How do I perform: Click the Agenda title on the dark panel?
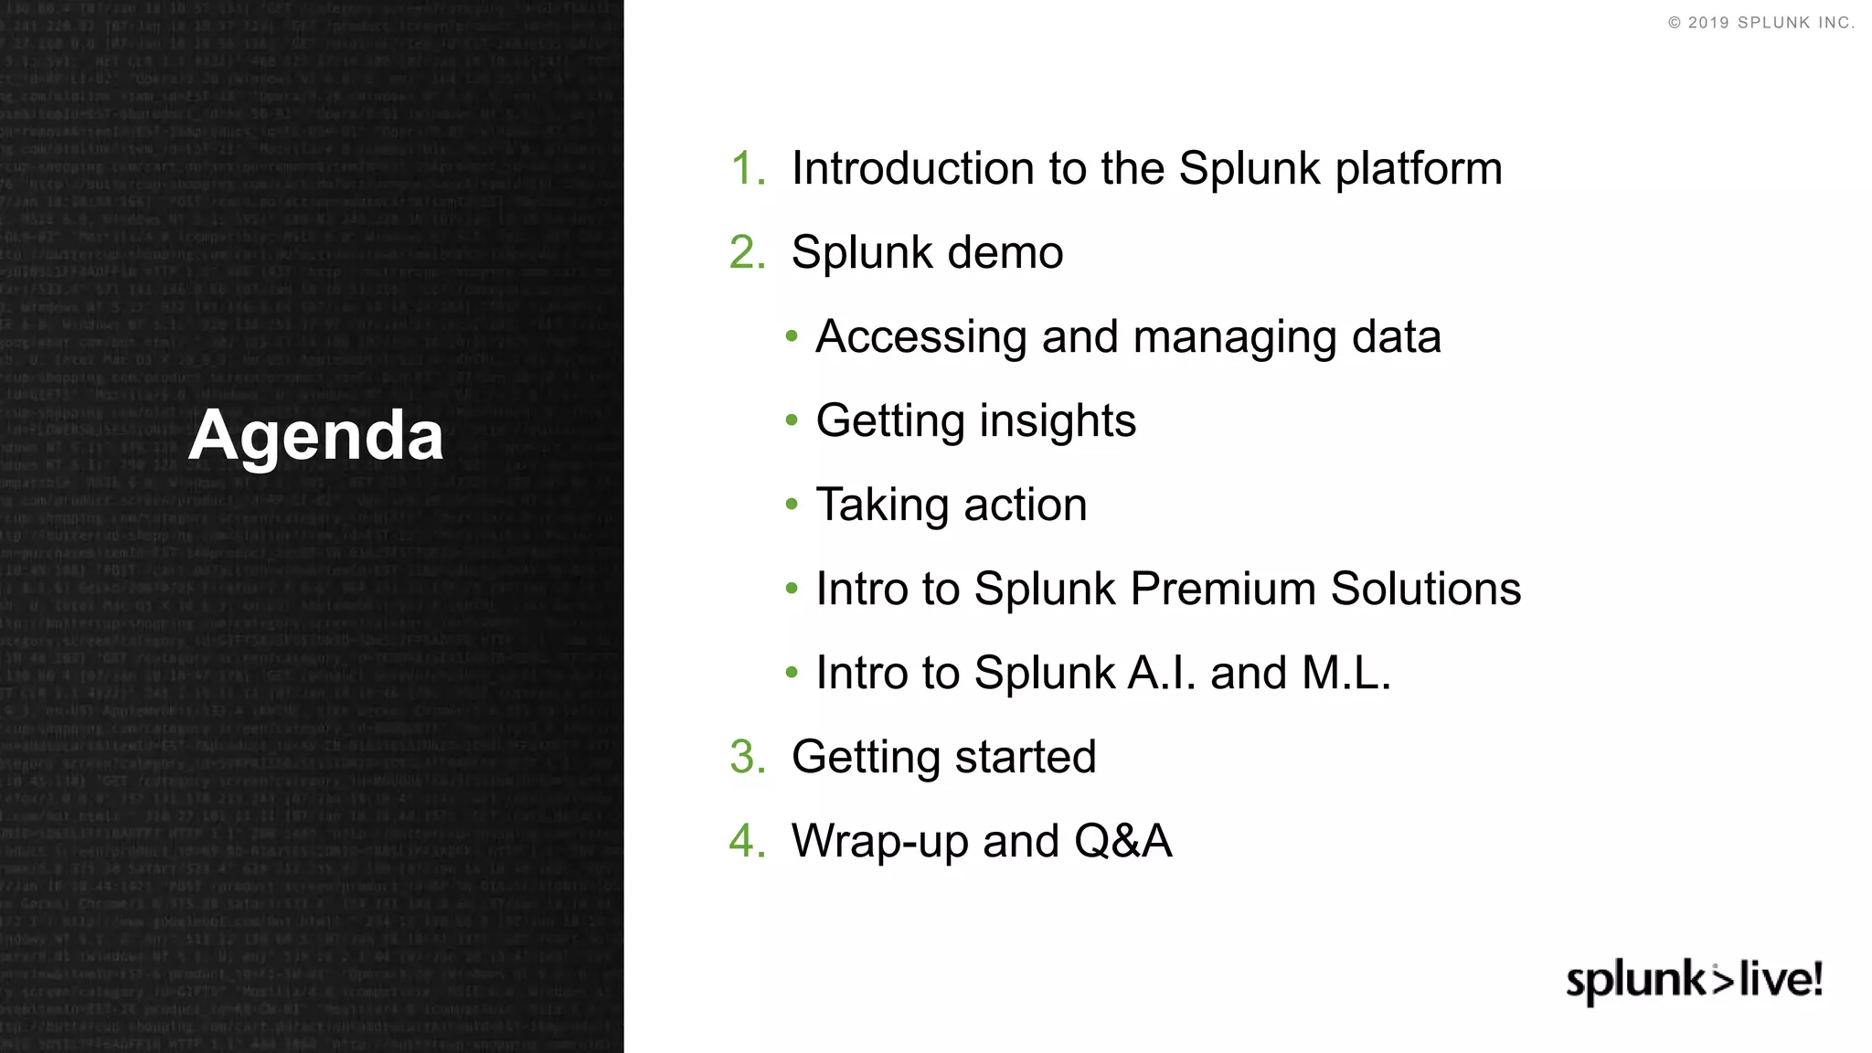point(316,436)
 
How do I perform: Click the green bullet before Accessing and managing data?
point(792,337)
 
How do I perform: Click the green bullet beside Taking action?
point(792,505)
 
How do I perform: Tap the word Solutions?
point(1425,589)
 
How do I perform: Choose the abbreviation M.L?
point(1345,674)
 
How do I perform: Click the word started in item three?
point(1025,757)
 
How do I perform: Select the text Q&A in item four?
point(1122,841)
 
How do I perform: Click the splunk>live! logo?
point(1694,981)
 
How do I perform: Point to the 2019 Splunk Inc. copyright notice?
point(1760,23)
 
